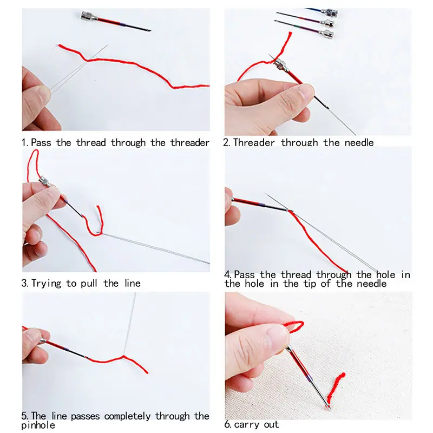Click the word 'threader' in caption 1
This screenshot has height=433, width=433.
pos(190,142)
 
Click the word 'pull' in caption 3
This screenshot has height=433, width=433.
pos(89,283)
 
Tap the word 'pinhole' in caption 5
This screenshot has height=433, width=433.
pos(38,425)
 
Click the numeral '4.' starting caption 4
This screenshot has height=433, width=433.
pos(228,274)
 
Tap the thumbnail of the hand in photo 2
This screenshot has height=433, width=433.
pos(305,90)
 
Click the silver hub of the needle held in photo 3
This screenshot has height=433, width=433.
pos(44,182)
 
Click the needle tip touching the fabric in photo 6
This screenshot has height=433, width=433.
pos(330,409)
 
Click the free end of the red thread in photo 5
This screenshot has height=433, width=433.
pos(147,373)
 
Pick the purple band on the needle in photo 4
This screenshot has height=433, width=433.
pos(261,205)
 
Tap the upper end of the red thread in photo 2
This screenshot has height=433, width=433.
pos(290,33)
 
